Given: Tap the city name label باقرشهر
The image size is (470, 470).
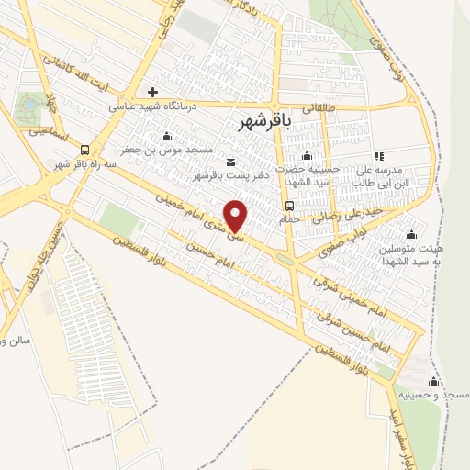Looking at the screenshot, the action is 265,122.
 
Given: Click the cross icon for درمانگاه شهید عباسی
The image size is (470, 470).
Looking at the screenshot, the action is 152,91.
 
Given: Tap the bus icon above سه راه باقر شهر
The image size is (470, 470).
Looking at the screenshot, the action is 85,150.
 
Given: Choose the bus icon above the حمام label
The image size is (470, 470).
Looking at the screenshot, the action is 290,205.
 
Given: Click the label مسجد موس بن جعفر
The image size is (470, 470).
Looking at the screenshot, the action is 168,149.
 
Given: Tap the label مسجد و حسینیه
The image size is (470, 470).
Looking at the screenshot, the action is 442,394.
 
